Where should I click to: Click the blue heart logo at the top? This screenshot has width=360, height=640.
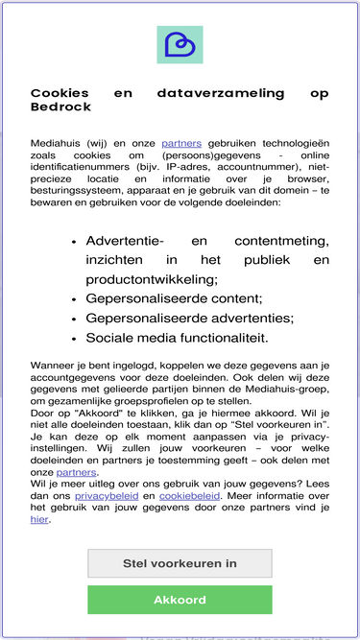(180, 44)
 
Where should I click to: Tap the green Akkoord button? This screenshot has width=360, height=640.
(180, 600)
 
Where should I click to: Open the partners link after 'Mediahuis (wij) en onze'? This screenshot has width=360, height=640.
(181, 142)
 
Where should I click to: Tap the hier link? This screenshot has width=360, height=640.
(39, 519)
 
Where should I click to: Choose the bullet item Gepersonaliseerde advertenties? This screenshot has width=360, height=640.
(189, 318)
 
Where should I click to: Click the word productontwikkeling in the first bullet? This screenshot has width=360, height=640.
(151, 278)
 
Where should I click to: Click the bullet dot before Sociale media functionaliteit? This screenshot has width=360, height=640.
(74, 339)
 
